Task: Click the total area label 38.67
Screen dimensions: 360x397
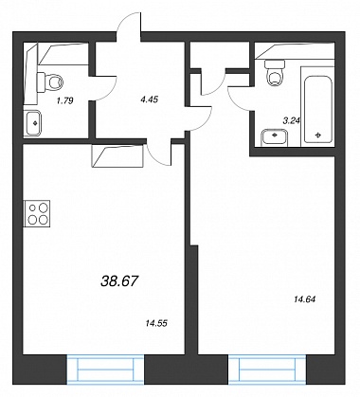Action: [119, 280]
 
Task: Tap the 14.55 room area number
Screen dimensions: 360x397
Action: [156, 323]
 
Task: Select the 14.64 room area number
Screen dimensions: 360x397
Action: [304, 298]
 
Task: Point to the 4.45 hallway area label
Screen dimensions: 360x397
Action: [150, 99]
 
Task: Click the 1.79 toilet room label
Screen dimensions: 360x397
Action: [64, 101]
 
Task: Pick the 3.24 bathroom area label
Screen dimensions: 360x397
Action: [291, 120]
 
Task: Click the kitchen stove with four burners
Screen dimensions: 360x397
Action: [37, 213]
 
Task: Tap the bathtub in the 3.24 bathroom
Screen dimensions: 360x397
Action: [318, 106]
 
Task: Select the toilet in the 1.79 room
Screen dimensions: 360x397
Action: [50, 82]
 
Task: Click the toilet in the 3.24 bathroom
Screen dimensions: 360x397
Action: [275, 73]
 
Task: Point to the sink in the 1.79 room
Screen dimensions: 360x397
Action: [32, 123]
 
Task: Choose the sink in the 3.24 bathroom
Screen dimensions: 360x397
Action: [275, 137]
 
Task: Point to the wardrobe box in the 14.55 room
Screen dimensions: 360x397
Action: [117, 155]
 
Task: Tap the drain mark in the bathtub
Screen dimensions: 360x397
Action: [318, 135]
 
